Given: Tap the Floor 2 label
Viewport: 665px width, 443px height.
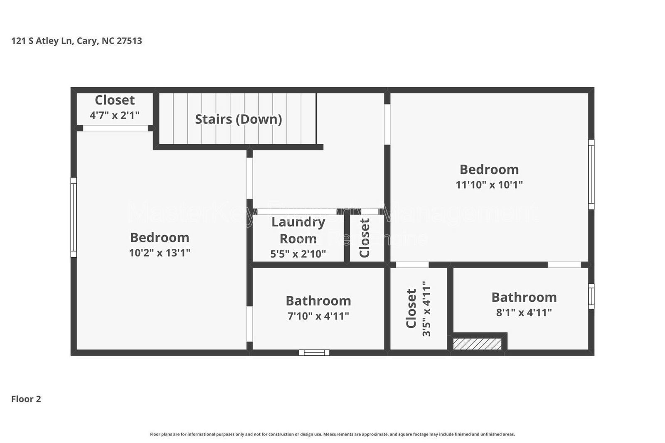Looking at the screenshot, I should [x=26, y=399].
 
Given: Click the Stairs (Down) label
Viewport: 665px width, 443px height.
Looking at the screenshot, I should [x=239, y=119].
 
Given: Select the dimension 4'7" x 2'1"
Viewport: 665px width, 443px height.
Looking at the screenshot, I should [x=115, y=115].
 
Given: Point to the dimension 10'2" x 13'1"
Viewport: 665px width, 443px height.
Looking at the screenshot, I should [x=160, y=253].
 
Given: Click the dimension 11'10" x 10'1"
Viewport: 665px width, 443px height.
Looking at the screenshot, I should [x=489, y=185].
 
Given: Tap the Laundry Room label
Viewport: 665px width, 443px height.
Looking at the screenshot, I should [x=298, y=230].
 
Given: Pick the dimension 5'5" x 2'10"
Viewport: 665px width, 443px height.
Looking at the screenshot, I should [x=298, y=254].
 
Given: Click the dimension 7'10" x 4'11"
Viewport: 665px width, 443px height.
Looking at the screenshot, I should [x=318, y=316].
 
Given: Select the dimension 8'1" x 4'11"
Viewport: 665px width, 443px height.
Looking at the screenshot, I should [x=524, y=313].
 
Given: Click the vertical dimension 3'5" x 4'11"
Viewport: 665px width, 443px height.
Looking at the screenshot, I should [x=426, y=309].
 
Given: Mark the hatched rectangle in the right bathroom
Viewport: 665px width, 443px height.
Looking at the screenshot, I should [x=477, y=344].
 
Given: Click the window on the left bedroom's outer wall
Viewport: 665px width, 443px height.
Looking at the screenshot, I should [x=74, y=217].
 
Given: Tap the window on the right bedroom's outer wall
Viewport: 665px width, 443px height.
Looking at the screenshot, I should [x=591, y=174].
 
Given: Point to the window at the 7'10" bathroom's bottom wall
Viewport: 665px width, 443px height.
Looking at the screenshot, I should [x=314, y=353].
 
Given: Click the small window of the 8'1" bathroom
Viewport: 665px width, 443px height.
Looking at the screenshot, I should [x=591, y=296].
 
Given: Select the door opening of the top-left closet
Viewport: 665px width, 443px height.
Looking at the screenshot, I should [x=116, y=128].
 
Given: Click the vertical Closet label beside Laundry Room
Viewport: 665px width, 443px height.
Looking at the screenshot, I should [x=365, y=238].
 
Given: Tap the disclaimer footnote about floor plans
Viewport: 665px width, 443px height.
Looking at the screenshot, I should [x=332, y=434].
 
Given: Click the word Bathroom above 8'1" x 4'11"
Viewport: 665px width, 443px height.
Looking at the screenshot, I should [x=524, y=298].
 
